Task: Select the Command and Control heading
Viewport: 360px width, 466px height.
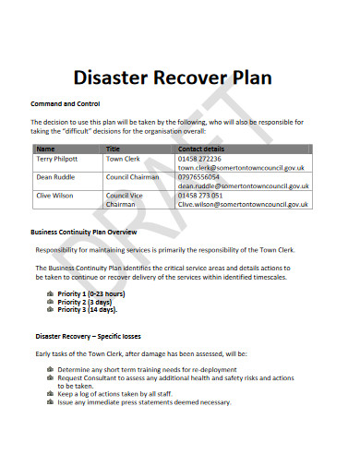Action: (65, 103)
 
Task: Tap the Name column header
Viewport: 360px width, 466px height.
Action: (45, 148)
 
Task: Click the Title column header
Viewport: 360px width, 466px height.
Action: (114, 148)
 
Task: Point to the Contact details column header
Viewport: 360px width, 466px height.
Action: (201, 148)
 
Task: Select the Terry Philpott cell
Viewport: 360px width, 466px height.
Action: (57, 159)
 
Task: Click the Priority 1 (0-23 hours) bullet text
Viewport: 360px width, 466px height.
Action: (90, 293)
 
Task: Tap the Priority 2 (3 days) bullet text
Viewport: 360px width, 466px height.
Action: (85, 302)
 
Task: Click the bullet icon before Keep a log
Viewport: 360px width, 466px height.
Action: (49, 394)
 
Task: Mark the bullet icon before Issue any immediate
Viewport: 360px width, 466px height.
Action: (49, 402)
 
